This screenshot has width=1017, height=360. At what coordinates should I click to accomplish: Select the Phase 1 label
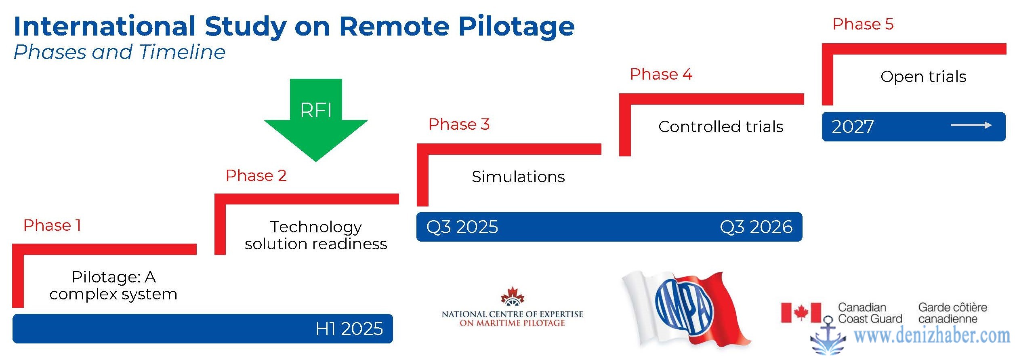pyautogui.click(x=53, y=225)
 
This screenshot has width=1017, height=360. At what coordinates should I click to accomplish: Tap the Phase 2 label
pyautogui.click(x=256, y=176)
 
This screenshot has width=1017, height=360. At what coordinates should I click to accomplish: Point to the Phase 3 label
pyautogui.click(x=459, y=124)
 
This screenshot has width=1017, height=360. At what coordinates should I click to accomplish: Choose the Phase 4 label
pyautogui.click(x=661, y=74)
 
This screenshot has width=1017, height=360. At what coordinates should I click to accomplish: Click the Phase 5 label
pyautogui.click(x=863, y=24)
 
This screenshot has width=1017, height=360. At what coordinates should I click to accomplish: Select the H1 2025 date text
pyautogui.click(x=349, y=329)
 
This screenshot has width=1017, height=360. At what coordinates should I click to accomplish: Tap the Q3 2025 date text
pyautogui.click(x=462, y=227)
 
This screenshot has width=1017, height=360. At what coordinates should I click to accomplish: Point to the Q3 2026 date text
pyautogui.click(x=756, y=227)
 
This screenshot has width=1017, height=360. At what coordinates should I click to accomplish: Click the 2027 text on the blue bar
pyautogui.click(x=853, y=127)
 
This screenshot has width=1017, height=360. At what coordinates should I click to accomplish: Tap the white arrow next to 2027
pyautogui.click(x=971, y=125)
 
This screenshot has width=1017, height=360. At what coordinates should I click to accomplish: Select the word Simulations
pyautogui.click(x=518, y=177)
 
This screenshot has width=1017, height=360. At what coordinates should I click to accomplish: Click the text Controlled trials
pyautogui.click(x=721, y=127)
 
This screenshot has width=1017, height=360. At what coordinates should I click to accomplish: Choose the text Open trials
pyautogui.click(x=923, y=77)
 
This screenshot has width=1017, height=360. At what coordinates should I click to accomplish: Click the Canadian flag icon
pyautogui.click(x=801, y=313)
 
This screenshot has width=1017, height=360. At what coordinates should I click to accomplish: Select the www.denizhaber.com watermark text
pyautogui.click(x=932, y=336)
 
